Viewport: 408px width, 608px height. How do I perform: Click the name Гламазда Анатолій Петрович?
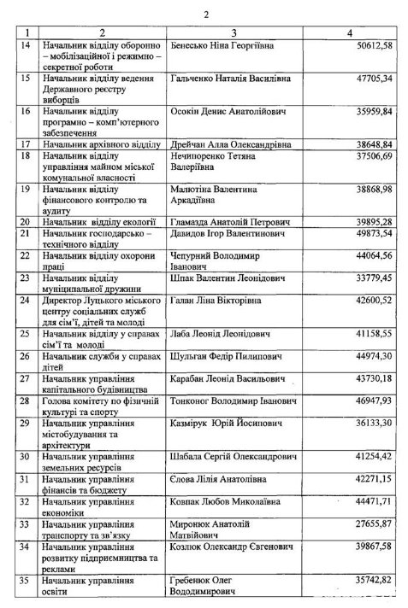point(230,221)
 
